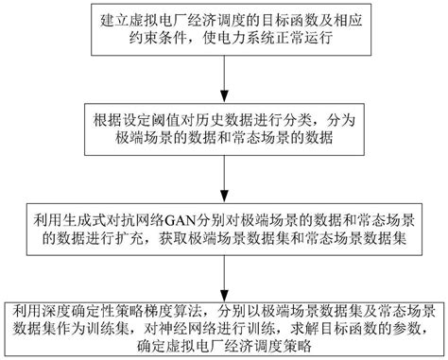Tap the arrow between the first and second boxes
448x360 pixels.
click(225, 84)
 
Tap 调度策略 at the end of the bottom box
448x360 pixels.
click(293, 347)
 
